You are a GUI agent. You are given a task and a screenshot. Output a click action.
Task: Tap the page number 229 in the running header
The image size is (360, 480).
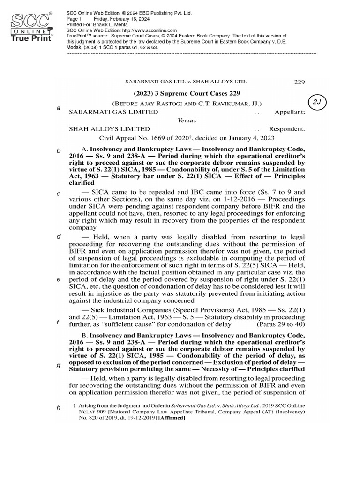(299, 82)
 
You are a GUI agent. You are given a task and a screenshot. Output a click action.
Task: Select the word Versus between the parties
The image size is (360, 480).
(187, 120)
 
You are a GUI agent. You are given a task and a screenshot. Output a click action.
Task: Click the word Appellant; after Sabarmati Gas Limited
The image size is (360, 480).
(290, 112)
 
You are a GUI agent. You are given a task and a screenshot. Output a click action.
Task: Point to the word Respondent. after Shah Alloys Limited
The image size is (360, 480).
(287, 128)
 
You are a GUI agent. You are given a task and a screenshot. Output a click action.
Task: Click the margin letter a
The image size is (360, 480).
(58, 108)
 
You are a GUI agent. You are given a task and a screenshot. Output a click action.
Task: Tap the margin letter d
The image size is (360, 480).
(59, 236)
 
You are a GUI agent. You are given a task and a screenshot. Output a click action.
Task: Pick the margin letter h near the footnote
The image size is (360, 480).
(59, 408)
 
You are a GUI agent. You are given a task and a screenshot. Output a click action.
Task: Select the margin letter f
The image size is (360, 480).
(58, 322)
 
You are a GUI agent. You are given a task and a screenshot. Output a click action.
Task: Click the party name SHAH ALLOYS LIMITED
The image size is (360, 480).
(110, 128)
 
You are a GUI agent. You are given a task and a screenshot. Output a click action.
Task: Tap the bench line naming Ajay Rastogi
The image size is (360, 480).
(187, 103)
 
